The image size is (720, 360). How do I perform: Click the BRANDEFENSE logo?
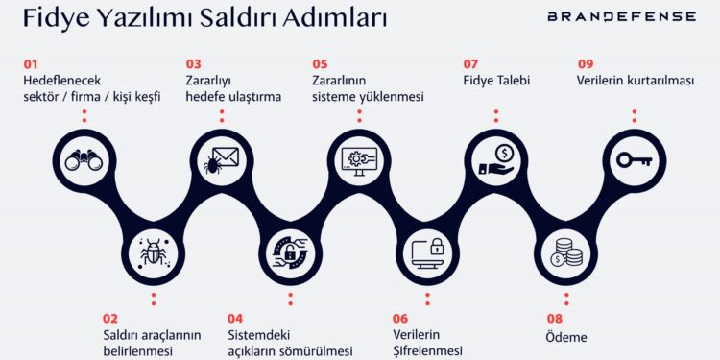(x=622, y=16)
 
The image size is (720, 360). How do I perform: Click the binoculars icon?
(x=84, y=160)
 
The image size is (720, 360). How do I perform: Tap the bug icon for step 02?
(x=153, y=252)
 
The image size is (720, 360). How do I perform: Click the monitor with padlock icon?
(x=427, y=252)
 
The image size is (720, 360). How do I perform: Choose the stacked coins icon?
(x=565, y=252)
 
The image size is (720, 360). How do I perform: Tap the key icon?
(x=634, y=160)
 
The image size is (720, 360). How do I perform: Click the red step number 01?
(x=32, y=64)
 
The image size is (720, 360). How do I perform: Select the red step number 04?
(x=235, y=319)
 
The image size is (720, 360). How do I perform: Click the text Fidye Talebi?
(x=496, y=81)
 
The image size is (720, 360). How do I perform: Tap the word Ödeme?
(x=566, y=337)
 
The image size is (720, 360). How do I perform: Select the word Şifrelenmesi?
(x=427, y=350)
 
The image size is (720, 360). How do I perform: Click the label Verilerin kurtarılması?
(x=635, y=81)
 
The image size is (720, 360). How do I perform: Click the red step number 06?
(x=400, y=319)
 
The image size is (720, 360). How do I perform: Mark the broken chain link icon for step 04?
(x=290, y=252)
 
